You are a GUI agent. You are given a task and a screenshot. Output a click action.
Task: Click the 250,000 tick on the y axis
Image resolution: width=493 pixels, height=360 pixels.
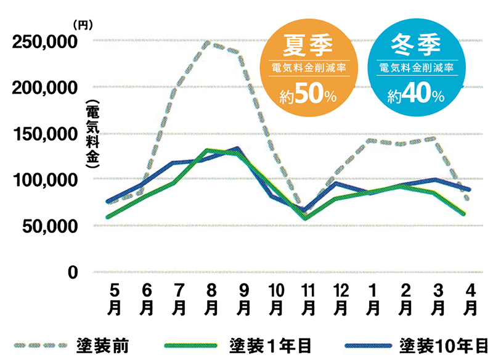pyautogui.click(x=44, y=42)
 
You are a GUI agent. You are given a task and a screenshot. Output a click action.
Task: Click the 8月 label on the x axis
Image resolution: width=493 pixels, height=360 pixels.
pyautogui.click(x=211, y=298)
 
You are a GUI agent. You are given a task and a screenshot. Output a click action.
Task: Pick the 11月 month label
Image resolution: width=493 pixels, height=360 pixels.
pyautogui.click(x=308, y=298)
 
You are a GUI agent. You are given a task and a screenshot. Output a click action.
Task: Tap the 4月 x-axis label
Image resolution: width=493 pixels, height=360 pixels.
pyautogui.click(x=470, y=298)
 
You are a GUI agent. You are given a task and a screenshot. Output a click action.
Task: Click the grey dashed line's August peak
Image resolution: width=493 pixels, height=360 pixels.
pyautogui.click(x=210, y=43)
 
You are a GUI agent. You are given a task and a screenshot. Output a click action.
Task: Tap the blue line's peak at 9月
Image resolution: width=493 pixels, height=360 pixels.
pyautogui.click(x=237, y=148)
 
